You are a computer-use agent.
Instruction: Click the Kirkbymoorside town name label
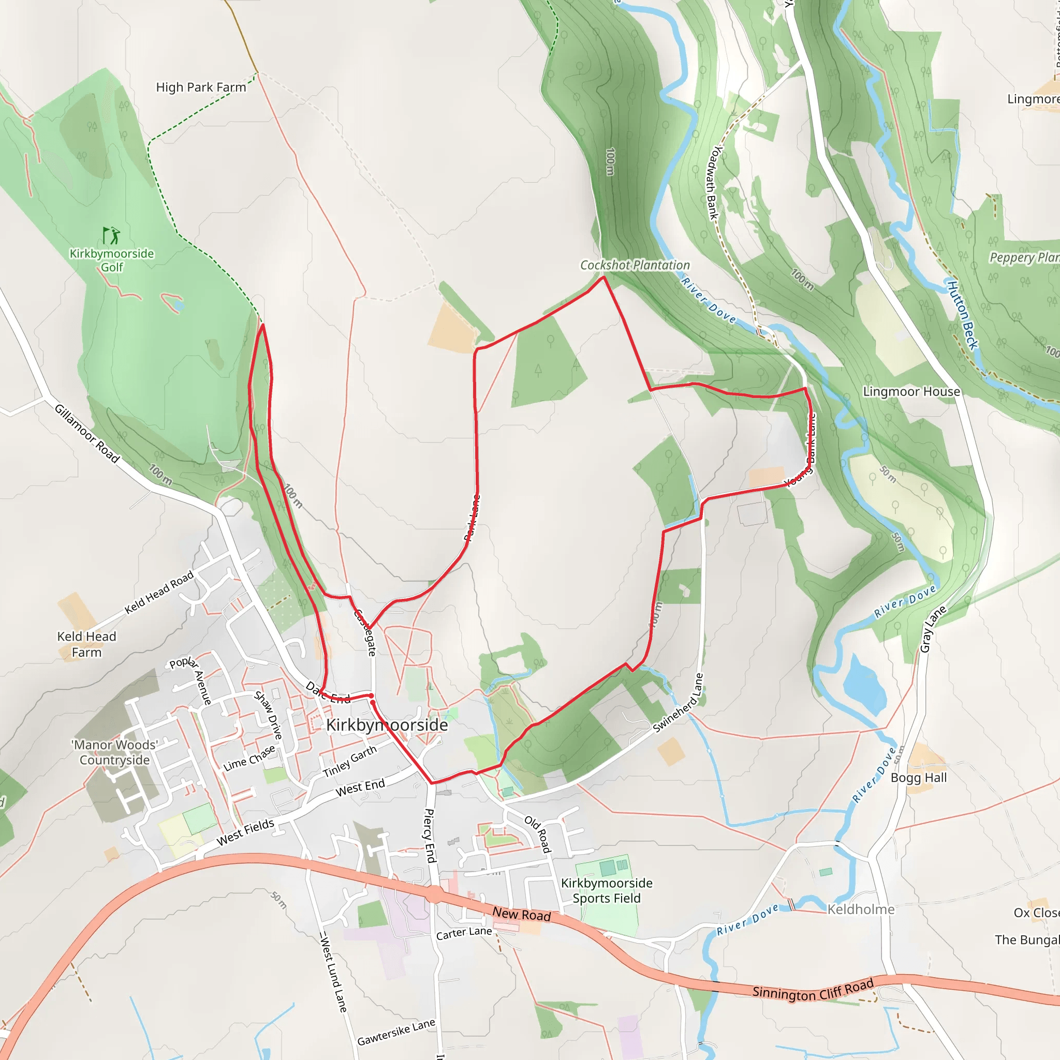387,725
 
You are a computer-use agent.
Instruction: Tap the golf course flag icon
111,235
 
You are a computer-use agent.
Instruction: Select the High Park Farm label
201,87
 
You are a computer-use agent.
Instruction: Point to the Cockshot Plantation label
635,265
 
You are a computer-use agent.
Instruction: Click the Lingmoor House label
911,392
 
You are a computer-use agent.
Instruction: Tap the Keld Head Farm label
86,644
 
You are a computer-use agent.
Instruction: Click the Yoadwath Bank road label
714,183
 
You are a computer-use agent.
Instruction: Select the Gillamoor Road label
86,433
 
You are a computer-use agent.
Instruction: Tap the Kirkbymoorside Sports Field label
606,890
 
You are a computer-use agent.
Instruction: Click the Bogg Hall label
919,777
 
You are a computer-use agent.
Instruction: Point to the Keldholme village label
861,910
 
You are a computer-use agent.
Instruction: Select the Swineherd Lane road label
678,703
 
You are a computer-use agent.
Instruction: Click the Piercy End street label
430,835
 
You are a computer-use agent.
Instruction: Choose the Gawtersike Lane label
396,1032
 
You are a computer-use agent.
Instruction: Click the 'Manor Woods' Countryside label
115,752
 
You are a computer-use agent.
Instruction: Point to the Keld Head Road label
159,593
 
